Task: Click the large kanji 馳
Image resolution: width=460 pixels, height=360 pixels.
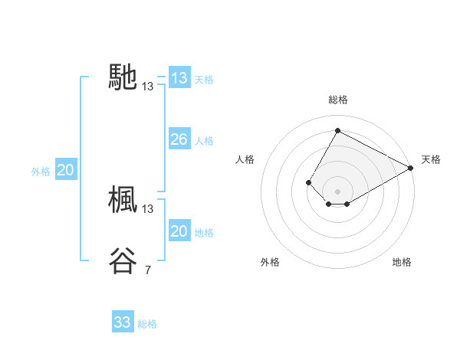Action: pyautogui.click(x=123, y=77)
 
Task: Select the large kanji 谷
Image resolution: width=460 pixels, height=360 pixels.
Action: pyautogui.click(x=123, y=260)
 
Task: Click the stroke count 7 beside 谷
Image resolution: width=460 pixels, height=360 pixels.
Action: pyautogui.click(x=148, y=270)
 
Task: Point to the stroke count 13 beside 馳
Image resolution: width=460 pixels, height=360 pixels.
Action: pyautogui.click(x=147, y=87)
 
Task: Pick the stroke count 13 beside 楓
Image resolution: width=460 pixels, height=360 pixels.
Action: pyautogui.click(x=147, y=208)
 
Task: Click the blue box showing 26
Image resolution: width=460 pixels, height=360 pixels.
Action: pyautogui.click(x=179, y=139)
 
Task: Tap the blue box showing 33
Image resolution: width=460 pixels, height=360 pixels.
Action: pyautogui.click(x=123, y=322)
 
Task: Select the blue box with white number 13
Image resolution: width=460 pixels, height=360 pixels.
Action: pyautogui.click(x=179, y=78)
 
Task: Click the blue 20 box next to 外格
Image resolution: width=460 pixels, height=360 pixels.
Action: pyautogui.click(x=65, y=170)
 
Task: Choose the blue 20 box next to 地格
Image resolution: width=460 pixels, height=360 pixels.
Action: pyautogui.click(x=179, y=231)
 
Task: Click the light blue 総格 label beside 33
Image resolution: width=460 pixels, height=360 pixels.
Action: pyautogui.click(x=147, y=324)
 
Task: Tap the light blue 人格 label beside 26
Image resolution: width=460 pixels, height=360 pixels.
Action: pyautogui.click(x=204, y=141)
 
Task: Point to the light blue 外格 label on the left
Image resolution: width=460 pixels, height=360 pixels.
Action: pyautogui.click(x=41, y=172)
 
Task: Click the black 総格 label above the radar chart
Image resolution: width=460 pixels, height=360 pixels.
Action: pyautogui.click(x=337, y=100)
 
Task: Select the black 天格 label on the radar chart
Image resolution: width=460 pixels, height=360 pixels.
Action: pyautogui.click(x=431, y=159)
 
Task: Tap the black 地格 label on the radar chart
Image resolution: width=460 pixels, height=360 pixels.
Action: pyautogui.click(x=402, y=262)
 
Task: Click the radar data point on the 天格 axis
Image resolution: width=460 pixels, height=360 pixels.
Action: pyautogui.click(x=411, y=168)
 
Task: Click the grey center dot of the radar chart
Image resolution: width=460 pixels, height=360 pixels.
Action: pyautogui.click(x=337, y=191)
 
